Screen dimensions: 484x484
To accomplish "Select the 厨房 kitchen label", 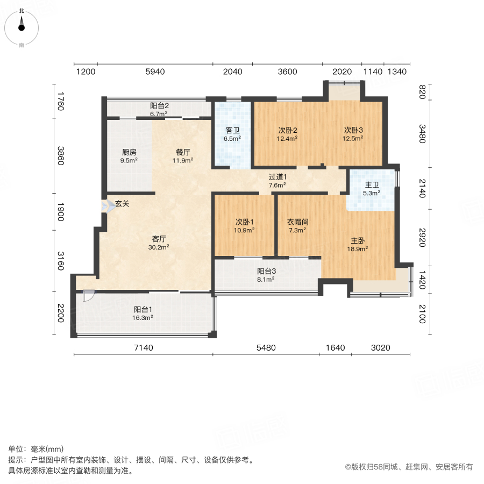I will [129, 152].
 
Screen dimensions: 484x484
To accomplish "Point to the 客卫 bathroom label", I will [232, 130].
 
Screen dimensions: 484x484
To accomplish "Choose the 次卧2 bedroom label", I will [288, 130].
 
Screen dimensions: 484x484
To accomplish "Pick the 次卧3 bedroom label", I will [354, 130].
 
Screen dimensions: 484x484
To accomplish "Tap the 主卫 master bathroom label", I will [372, 184].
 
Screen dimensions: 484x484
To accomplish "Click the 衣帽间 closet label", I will [297, 222].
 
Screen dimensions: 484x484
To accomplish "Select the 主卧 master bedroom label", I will [359, 240].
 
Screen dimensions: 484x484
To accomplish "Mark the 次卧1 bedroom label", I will [245, 222].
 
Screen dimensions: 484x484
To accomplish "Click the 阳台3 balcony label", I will [266, 272].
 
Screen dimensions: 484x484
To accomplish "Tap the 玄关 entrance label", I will [122, 204].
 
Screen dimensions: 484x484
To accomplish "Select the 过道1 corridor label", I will [277, 176].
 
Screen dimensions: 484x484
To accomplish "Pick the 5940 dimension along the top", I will [155, 72].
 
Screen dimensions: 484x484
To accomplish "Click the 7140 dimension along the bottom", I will [144, 348].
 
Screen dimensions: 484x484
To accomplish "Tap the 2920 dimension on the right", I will [422, 237].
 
